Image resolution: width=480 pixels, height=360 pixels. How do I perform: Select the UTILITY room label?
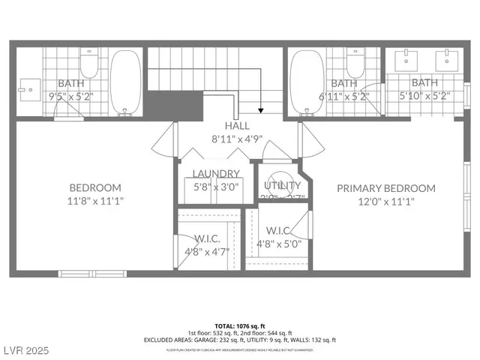coord(282,185)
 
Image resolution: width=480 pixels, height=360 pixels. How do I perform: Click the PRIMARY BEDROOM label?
coord(385,188)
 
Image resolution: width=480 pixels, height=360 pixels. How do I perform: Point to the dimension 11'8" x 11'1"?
coord(95,200)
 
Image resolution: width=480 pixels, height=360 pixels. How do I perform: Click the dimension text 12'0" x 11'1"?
coord(385,200)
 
